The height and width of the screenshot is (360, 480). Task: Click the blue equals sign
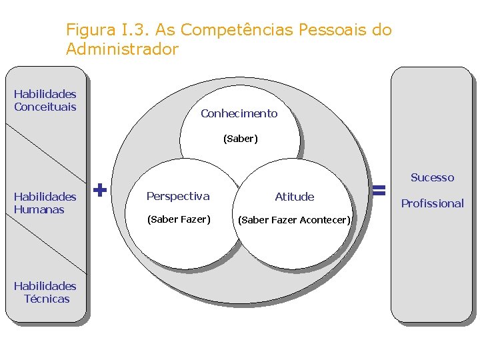pyautogui.click(x=379, y=191)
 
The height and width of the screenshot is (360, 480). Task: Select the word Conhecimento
pyautogui.click(x=239, y=113)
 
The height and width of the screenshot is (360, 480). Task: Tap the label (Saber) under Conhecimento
pyautogui.click(x=240, y=139)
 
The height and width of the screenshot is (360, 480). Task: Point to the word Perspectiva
pyautogui.click(x=177, y=196)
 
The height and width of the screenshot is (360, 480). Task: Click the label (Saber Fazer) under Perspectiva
pyautogui.click(x=179, y=219)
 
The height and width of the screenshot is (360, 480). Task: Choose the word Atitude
pyautogui.click(x=294, y=197)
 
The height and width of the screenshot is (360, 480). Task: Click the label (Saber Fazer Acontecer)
pyautogui.click(x=294, y=220)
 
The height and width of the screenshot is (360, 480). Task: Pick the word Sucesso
pyautogui.click(x=432, y=177)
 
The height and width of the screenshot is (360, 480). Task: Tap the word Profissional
pyautogui.click(x=432, y=203)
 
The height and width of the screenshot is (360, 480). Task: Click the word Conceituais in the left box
pyautogui.click(x=45, y=107)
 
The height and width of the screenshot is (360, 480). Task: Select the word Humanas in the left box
pyautogui.click(x=39, y=209)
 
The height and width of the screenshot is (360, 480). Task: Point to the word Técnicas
pyautogui.click(x=47, y=299)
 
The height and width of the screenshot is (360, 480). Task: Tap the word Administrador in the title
pyautogui.click(x=122, y=49)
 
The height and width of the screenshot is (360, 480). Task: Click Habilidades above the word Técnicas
pyautogui.click(x=45, y=286)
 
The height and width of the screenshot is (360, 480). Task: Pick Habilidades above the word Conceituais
pyautogui.click(x=45, y=94)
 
